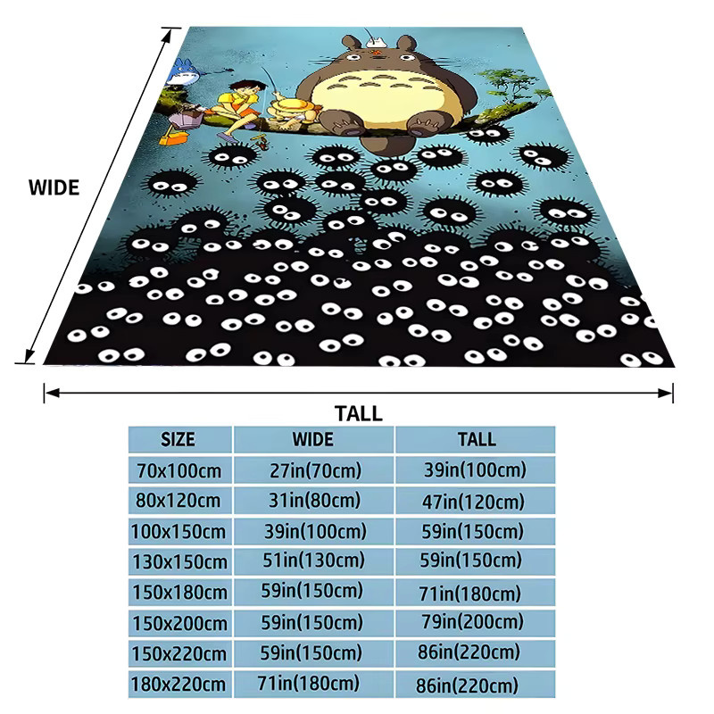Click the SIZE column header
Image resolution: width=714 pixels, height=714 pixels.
point(178,439)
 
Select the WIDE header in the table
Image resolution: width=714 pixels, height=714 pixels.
point(313,439)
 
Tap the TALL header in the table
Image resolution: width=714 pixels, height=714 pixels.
point(477,439)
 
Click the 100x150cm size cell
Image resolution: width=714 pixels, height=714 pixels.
point(178,532)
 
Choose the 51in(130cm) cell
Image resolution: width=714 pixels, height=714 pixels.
point(313,560)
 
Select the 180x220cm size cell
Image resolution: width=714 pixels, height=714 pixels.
point(178,685)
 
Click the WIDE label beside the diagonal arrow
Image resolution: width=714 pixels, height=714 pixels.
point(54,187)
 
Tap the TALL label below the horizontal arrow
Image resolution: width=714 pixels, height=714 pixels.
point(359,413)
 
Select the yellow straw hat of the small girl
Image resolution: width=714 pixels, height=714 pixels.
point(292,109)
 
